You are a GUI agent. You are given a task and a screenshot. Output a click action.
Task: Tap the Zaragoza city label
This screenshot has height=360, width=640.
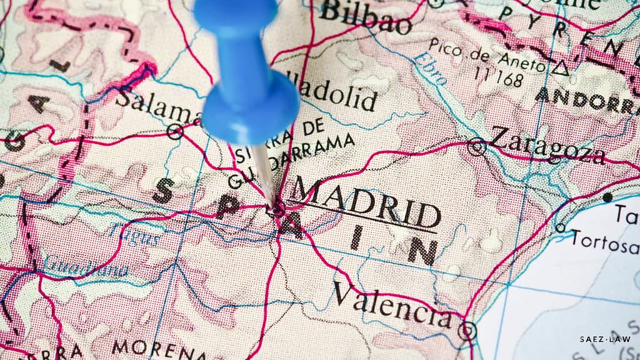pyautogui.click(x=547, y=146)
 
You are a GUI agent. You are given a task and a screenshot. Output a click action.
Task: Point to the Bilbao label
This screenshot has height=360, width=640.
pyautogui.click(x=366, y=17)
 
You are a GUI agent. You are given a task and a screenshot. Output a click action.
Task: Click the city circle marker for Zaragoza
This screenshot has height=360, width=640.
pyautogui.click(x=477, y=146)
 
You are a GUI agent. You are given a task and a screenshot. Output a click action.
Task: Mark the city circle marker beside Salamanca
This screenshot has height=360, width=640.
pyautogui.click(x=176, y=131)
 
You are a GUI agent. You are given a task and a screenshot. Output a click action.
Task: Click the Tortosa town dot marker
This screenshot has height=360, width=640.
pyautogui.click(x=560, y=227)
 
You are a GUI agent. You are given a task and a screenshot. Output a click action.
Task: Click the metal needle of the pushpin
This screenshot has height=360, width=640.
pyautogui.click(x=265, y=175)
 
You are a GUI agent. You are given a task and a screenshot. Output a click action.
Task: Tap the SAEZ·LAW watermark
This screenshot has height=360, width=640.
pyautogui.click(x=605, y=339)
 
